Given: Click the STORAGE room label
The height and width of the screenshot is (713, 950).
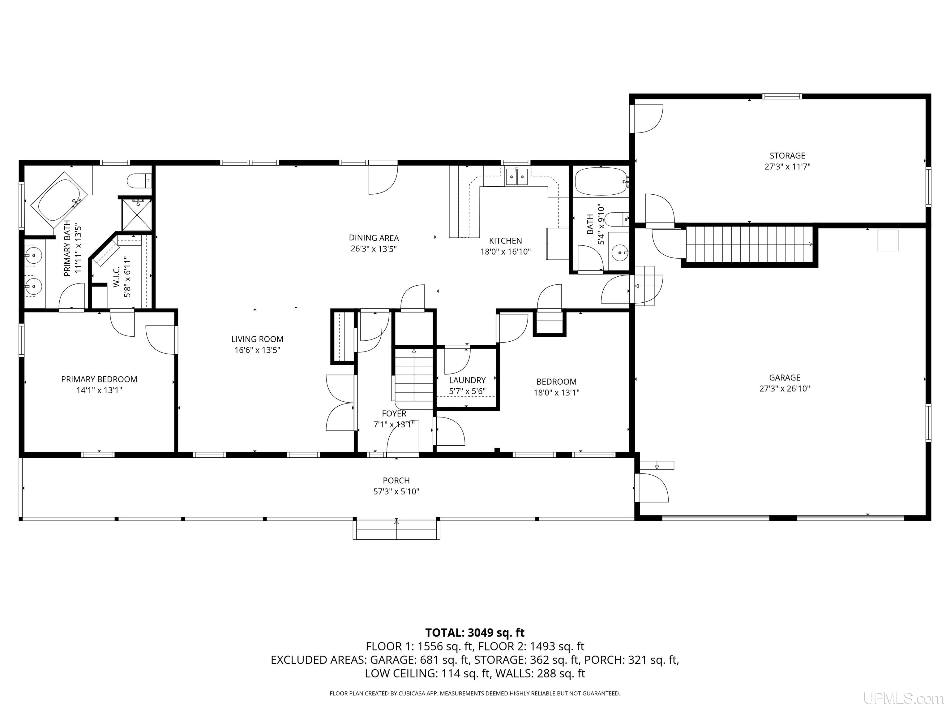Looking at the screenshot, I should [787, 156].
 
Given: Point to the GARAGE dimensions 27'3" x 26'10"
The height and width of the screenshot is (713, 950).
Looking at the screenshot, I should [785, 388].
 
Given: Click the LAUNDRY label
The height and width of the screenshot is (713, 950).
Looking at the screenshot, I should [467, 380].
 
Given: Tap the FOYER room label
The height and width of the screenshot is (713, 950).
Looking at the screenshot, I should [394, 413].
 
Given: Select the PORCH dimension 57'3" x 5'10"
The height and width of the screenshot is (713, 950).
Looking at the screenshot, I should [396, 491].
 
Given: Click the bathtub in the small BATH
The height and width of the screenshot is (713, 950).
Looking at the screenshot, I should [601, 182].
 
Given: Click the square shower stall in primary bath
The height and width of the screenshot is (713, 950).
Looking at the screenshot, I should [137, 214].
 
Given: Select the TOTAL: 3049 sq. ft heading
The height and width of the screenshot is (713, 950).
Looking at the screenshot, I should [475, 633].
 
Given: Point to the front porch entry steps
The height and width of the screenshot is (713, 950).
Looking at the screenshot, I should [396, 530].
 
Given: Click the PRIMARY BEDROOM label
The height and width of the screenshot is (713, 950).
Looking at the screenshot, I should [99, 379].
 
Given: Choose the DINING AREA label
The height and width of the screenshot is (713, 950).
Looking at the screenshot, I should [374, 238].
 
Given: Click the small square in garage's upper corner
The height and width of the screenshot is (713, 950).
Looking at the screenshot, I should [887, 241].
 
